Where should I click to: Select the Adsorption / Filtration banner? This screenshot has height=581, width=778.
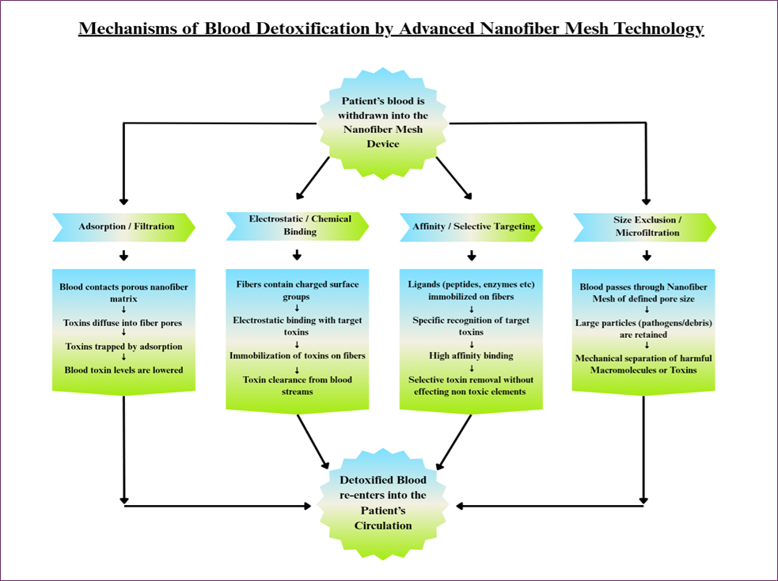(124, 227)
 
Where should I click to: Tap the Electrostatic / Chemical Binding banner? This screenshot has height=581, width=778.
(298, 226)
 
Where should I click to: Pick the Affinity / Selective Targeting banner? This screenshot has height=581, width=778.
(472, 227)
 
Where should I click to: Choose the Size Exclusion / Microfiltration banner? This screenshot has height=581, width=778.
(645, 227)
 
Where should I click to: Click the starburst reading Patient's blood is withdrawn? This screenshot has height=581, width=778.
(383, 123)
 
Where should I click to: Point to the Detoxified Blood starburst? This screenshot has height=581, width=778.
(383, 503)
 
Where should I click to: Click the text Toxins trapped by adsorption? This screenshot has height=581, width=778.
(123, 347)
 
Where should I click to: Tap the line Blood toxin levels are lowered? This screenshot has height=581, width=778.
(123, 370)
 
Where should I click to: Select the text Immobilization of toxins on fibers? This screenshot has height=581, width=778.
(298, 355)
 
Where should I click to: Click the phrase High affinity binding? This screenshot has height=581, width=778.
(471, 355)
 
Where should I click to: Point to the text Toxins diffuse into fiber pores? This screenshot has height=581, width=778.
(123, 323)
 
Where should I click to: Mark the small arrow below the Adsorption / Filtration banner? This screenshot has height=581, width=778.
(124, 256)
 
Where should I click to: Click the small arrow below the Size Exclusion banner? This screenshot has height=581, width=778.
(647, 256)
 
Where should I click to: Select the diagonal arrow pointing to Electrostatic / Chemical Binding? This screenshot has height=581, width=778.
(313, 177)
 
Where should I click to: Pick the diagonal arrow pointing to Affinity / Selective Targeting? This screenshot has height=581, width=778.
(454, 178)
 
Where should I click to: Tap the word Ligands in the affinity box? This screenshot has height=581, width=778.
(423, 285)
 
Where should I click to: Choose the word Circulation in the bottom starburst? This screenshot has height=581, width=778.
(383, 526)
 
